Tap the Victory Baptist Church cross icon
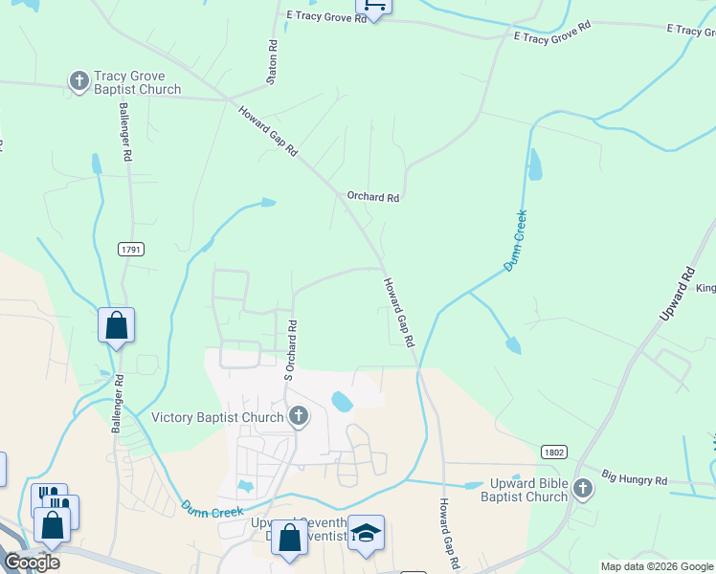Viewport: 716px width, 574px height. point(299,417)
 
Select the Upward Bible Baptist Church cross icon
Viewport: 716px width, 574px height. point(582,491)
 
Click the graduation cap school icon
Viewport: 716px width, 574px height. point(366,532)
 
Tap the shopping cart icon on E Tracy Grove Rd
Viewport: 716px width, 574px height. point(374,6)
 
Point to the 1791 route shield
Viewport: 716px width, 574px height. point(131,250)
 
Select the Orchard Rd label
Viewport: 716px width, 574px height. point(372,198)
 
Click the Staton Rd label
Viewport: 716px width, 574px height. point(273,58)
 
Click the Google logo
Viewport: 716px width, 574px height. point(31,563)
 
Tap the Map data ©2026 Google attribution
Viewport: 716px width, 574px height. point(657,566)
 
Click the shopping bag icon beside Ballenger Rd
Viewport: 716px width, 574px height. point(116,325)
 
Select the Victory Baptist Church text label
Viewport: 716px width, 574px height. point(218,417)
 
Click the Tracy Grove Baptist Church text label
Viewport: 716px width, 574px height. point(137,82)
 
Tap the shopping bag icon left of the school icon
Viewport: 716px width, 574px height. point(289,538)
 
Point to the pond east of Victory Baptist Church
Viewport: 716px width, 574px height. point(342,400)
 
